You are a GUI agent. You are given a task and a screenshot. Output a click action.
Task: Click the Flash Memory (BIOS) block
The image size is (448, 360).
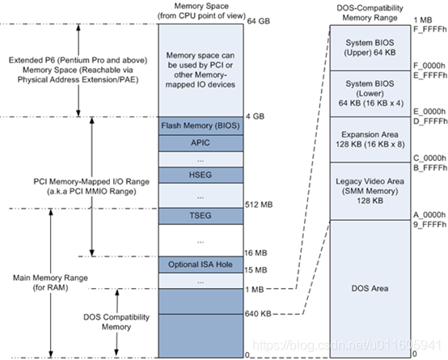(198, 125)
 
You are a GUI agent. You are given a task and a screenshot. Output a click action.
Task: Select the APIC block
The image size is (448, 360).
(198, 142)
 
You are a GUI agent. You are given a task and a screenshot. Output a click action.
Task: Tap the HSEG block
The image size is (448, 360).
(198, 175)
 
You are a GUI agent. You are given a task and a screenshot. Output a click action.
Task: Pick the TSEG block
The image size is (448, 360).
(198, 216)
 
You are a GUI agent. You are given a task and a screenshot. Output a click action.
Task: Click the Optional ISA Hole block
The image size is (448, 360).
(198, 265)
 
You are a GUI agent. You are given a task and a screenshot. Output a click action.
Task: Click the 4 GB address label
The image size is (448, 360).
(256, 116)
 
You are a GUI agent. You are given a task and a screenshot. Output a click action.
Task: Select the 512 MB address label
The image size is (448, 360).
(260, 205)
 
